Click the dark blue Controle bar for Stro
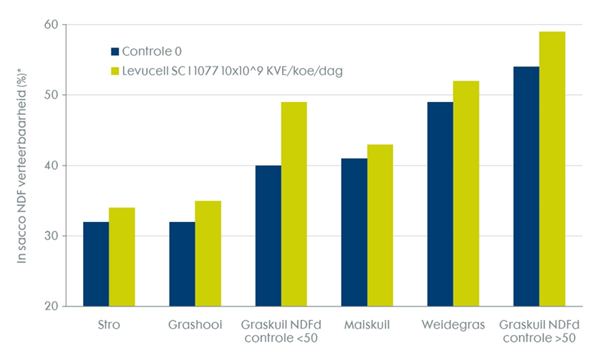pyautogui.click(x=96, y=264)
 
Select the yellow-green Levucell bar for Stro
pyautogui.click(x=121, y=257)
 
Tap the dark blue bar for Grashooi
pyautogui.click(x=182, y=264)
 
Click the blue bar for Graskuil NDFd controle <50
pyautogui.click(x=268, y=235)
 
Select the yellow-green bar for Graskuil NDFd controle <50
pyautogui.click(x=293, y=204)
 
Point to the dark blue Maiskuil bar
pyautogui.click(x=354, y=232)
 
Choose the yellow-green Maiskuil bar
pyautogui.click(x=379, y=226)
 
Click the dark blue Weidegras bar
pyautogui.click(x=440, y=204)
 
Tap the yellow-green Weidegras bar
pyautogui.click(x=465, y=193)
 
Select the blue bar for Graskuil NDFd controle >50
pyautogui.click(x=526, y=186)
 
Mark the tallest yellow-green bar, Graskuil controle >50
pyautogui.click(x=551, y=169)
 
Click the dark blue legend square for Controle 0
pyautogui.click(x=115, y=52)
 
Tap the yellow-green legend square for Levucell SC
pyautogui.click(x=115, y=71)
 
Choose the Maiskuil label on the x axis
pyautogui.click(x=367, y=326)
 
